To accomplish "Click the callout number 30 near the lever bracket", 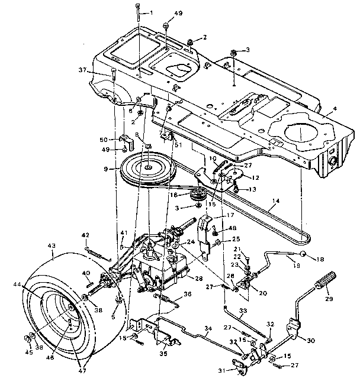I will [311, 339].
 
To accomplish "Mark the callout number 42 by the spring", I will [85, 234].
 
